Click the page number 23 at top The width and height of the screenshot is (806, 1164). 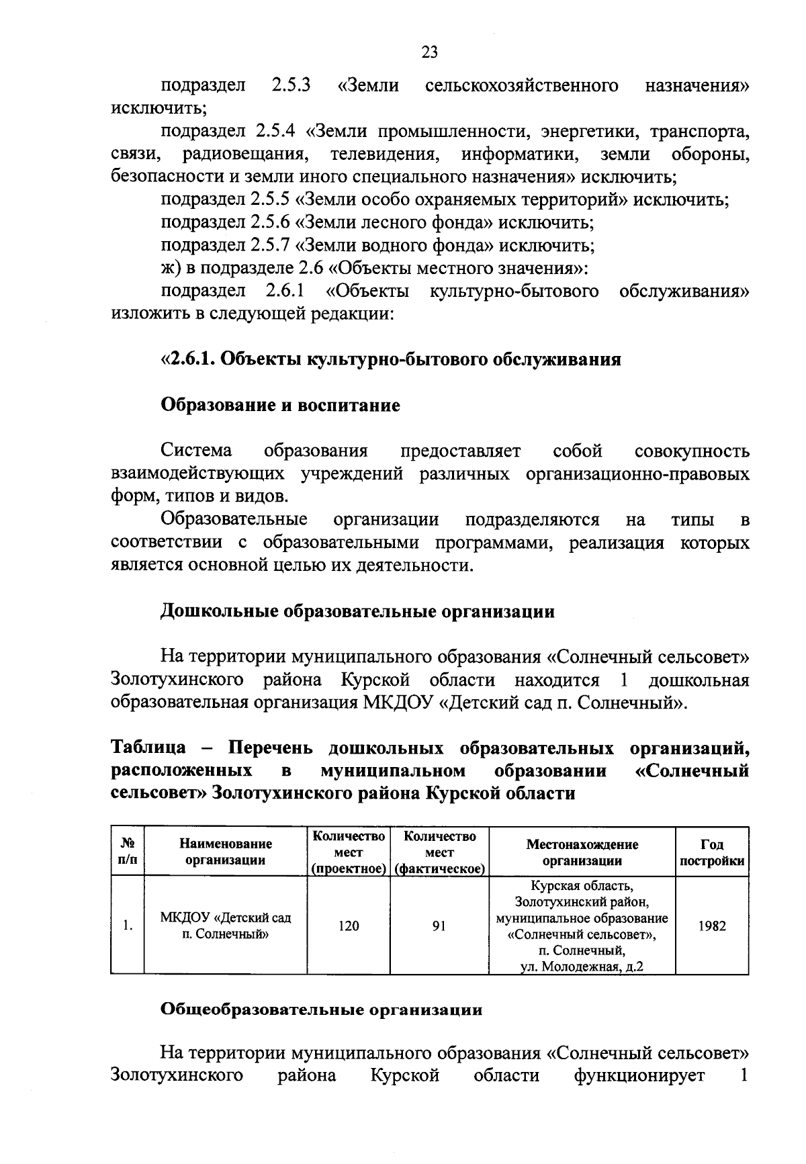click(429, 52)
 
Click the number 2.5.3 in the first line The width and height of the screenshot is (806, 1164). click(291, 86)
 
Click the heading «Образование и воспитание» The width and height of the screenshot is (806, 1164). click(280, 406)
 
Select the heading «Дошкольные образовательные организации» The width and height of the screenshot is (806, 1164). click(357, 612)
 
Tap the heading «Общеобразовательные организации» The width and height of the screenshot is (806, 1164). click(322, 1010)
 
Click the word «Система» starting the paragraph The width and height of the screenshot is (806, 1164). click(196, 450)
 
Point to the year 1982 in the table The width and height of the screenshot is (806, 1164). click(711, 926)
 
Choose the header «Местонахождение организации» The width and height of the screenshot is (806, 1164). click(582, 852)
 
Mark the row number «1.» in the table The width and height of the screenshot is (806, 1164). click(127, 926)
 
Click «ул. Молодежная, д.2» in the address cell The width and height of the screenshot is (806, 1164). click(582, 967)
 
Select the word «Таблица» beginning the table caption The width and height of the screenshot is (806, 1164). click(148, 748)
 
